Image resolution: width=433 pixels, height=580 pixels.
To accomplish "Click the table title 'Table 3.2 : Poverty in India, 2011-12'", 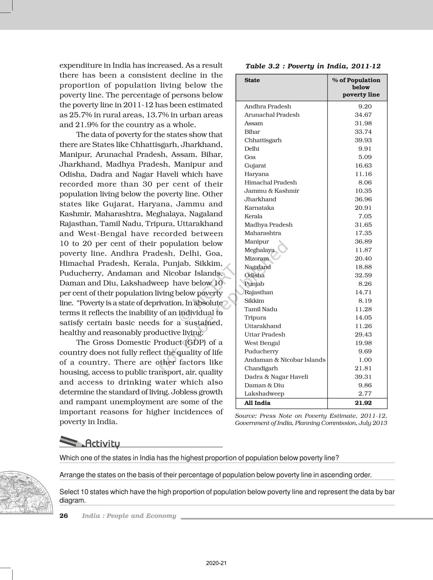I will (313, 66).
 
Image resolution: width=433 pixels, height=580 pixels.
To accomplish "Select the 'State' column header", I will (252, 80).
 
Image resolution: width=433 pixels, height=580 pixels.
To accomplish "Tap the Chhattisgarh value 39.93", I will (363, 140).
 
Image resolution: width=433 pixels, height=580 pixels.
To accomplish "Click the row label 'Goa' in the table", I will (250, 157).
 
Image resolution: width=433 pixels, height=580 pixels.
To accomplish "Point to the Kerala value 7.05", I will (365, 216).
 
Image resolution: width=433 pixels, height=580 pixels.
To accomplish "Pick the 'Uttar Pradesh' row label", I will (265, 335).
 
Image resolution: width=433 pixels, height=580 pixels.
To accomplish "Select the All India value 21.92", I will (363, 403).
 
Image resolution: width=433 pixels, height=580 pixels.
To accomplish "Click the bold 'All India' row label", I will (257, 403).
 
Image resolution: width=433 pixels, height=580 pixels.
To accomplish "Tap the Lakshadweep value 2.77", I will (365, 394).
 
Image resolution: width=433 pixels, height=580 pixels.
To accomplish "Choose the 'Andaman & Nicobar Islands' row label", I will (285, 360).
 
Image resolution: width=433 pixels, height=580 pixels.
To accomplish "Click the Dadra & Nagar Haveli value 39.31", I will (363, 377).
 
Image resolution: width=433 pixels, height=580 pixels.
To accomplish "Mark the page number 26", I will (64, 516).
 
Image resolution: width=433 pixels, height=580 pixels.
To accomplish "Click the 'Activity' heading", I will (102, 444).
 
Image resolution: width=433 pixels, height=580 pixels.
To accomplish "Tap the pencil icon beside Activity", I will (71, 441).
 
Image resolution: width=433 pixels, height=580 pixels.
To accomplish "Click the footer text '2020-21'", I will (216, 563).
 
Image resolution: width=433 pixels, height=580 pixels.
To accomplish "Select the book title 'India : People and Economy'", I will (129, 516).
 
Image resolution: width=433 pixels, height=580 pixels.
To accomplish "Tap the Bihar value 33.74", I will (363, 132).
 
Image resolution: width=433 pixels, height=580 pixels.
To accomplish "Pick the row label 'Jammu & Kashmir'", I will (272, 191).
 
